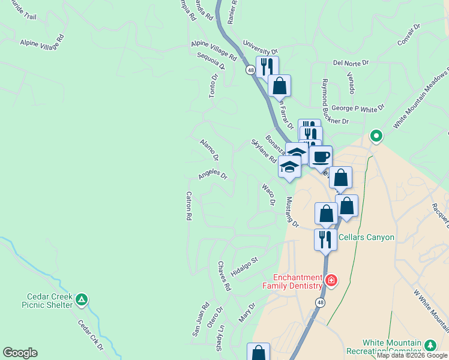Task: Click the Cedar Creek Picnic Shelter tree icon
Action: click(82, 299)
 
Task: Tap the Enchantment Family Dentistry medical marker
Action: click(330, 280)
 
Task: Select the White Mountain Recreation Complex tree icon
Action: click(430, 345)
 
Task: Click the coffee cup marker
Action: click(321, 157)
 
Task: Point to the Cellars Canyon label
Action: click(366, 237)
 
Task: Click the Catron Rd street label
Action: click(188, 205)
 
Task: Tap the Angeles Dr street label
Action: click(213, 175)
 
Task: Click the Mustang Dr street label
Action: click(292, 212)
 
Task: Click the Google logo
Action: click(20, 353)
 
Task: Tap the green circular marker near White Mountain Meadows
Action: click(376, 136)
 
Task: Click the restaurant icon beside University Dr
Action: click(267, 66)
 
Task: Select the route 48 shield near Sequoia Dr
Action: click(250, 70)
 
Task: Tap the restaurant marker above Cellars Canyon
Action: click(325, 240)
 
